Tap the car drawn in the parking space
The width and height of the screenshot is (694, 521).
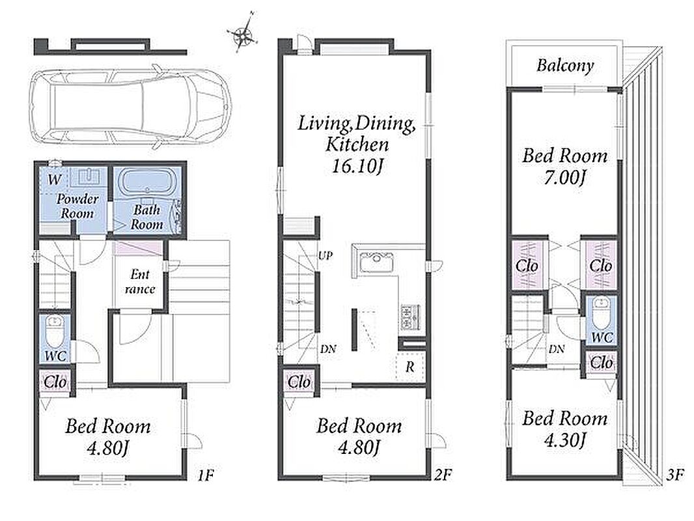[130, 107]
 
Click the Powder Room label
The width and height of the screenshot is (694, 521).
[77, 206]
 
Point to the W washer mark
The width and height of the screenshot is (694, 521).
[54, 180]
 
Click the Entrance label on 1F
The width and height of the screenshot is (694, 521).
[140, 281]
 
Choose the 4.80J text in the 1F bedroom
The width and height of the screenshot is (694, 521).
[108, 449]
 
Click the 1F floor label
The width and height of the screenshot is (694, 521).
[206, 475]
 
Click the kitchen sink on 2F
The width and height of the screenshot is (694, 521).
[376, 261]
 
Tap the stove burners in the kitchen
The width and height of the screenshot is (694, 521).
[411, 317]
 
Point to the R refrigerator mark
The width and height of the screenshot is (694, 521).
[410, 367]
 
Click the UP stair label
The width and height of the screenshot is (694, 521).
[326, 255]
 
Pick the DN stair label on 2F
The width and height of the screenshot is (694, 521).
[328, 349]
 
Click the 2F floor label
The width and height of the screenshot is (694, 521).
[443, 475]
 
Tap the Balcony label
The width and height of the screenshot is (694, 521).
[565, 66]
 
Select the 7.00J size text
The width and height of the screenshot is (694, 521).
[565, 178]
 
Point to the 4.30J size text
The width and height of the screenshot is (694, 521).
[565, 440]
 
